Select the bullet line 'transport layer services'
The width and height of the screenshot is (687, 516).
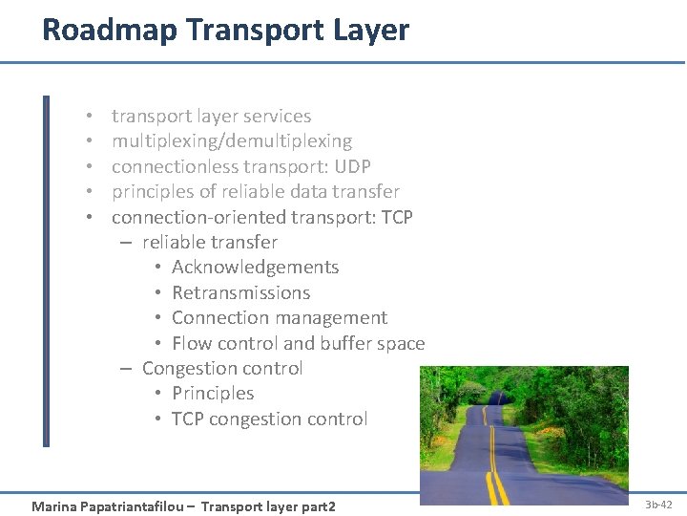pos(211,117)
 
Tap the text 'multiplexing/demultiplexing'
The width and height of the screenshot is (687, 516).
pos(232,141)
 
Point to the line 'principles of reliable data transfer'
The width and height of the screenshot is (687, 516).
pos(255,192)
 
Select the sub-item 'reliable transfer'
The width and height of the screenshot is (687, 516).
pos(209,243)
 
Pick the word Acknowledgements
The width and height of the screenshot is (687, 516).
pos(255,268)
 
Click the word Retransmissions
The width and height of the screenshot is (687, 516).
pos(240,293)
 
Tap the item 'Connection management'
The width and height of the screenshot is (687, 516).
pos(279,318)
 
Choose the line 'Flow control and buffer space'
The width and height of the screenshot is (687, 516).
pos(298,343)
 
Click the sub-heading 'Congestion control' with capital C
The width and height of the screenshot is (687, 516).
pos(221,369)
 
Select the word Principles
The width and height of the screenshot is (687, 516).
pos(213,394)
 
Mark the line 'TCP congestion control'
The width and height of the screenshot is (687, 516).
pos(269,419)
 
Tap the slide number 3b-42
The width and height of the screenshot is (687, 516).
pos(658,505)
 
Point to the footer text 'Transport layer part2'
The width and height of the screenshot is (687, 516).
pos(269,505)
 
